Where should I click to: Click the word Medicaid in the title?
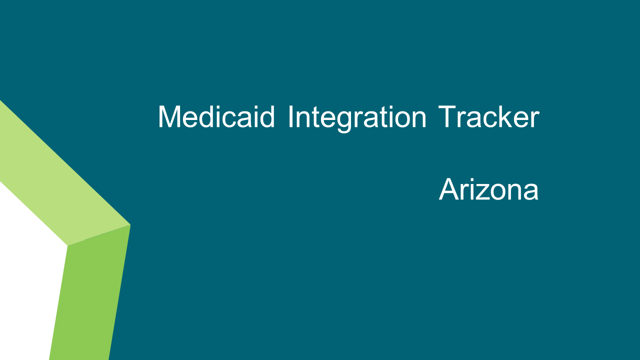click(216, 116)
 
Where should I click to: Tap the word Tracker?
click(489, 116)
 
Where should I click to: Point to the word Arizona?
click(488, 189)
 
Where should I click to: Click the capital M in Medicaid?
click(169, 116)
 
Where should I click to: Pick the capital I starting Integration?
click(290, 116)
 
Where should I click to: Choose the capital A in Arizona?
click(449, 189)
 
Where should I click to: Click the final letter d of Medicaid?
click(267, 117)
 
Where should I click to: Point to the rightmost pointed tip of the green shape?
click(130, 225)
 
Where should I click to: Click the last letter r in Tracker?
click(535, 119)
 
